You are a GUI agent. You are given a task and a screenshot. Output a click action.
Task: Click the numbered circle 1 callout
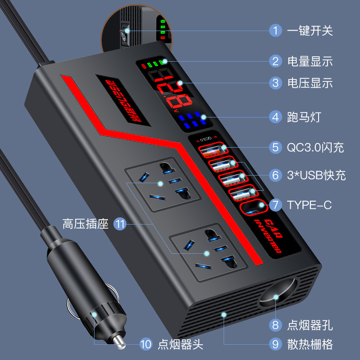275,31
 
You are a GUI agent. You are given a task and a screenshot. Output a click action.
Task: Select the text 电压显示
310,83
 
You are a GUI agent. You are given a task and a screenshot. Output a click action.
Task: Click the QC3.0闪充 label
315,147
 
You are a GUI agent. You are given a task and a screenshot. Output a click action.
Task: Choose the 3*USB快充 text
316,175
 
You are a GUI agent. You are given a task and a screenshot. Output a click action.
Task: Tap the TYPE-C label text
309,205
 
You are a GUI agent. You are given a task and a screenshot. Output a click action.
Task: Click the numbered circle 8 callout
275,324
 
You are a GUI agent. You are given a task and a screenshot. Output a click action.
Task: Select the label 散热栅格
310,345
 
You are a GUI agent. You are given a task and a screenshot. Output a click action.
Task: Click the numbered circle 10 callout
145,345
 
